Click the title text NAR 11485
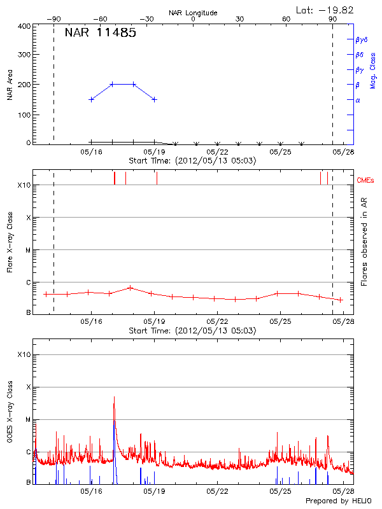[100, 33]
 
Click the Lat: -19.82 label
[325, 10]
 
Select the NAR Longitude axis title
[193, 13]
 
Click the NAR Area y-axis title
[10, 85]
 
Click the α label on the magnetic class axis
[358, 100]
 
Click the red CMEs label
[366, 181]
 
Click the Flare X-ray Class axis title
[10, 242]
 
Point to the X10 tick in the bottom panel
[24, 354]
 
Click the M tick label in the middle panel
[27, 250]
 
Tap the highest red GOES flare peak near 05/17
[114, 397]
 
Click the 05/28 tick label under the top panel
[343, 152]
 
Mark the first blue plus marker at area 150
[92, 99]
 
